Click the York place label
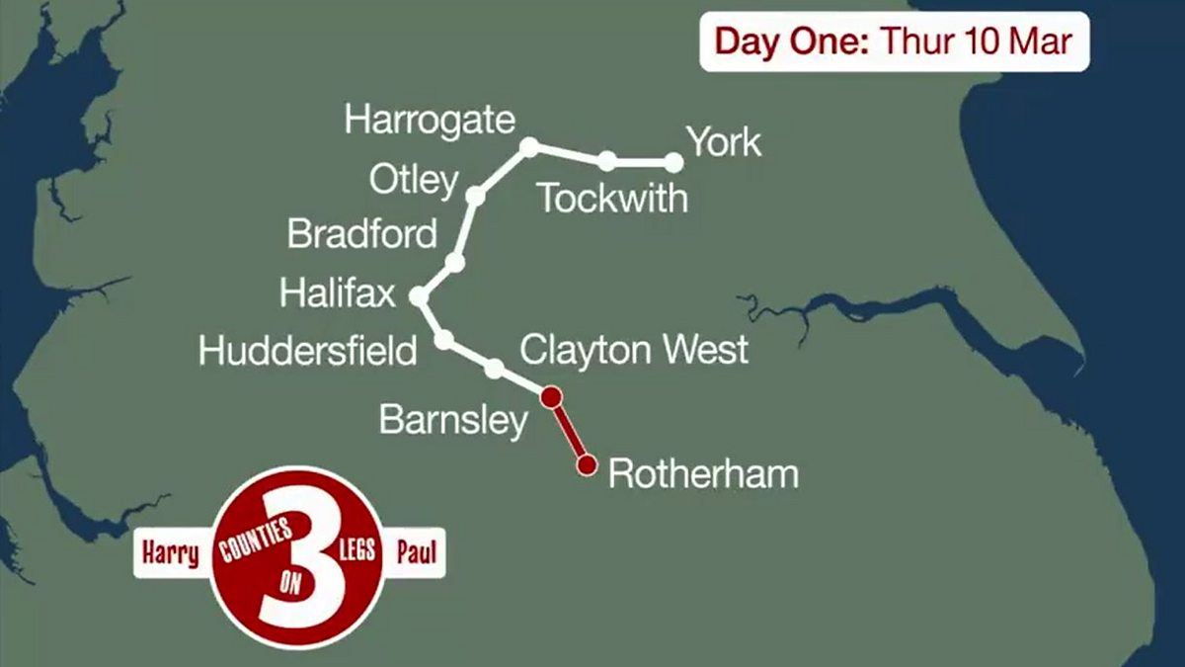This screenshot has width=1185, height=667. [x=724, y=142]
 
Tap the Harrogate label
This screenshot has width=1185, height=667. [x=430, y=121]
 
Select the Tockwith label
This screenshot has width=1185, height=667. [x=612, y=199]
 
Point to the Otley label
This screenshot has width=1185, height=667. [x=414, y=181]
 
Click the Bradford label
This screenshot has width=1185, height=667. [x=361, y=235]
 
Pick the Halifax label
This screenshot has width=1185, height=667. [x=337, y=293]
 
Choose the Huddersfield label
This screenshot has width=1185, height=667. [x=307, y=351]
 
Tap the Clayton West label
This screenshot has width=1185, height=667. [x=634, y=349]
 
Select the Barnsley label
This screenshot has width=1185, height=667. [x=453, y=422]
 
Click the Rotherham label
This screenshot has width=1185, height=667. [x=703, y=474]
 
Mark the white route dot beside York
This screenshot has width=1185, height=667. [x=674, y=162]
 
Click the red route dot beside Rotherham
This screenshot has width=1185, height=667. [x=588, y=464]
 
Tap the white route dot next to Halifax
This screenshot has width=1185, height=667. [x=419, y=295]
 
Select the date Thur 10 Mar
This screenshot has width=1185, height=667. [x=975, y=42]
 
